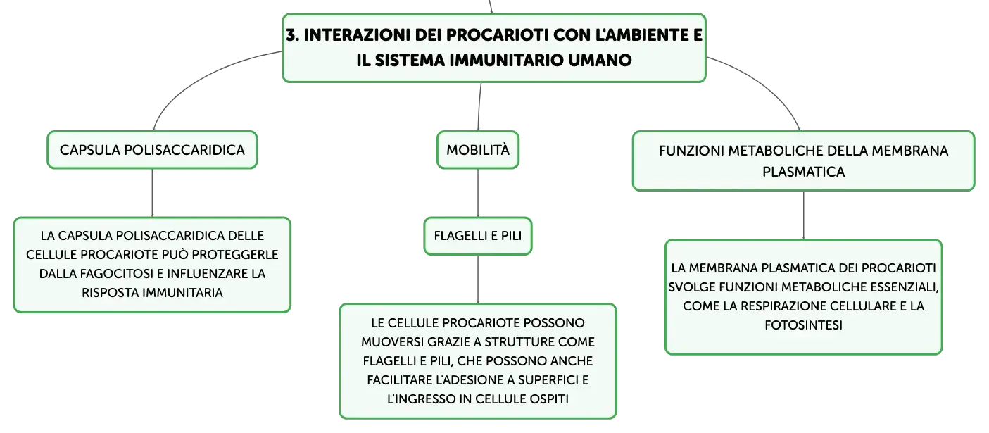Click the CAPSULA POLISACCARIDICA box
(152, 150)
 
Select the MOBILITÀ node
(478, 150)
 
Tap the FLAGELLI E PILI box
(478, 236)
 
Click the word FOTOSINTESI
(804, 325)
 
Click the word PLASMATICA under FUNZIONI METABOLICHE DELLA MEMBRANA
(804, 172)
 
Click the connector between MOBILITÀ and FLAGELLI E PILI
(478, 193)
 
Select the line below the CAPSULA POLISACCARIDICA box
(152, 193)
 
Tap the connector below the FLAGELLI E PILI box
(478, 280)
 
